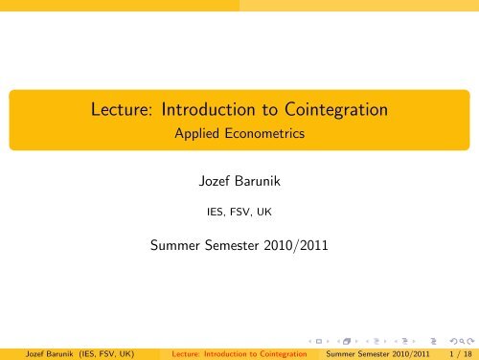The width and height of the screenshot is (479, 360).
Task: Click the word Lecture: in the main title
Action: [x=113, y=110]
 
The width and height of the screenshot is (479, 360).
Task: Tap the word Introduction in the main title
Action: [x=196, y=110]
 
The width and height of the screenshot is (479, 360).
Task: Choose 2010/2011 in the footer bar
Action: [x=406, y=351]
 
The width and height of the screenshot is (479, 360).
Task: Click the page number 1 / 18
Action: [x=456, y=351]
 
